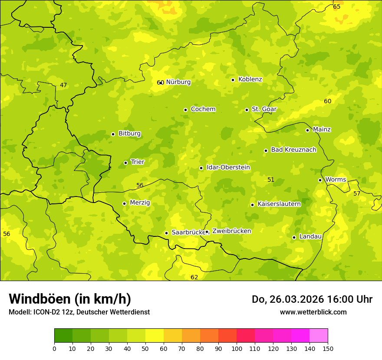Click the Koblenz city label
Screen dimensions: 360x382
point(250,79)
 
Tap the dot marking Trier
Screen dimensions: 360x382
point(125,163)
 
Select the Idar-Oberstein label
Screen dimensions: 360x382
point(228,167)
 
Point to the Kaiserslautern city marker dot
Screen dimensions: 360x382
point(252,205)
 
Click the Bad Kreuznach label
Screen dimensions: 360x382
point(293,150)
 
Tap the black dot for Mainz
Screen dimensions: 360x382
point(307,130)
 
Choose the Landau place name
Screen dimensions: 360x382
point(310,236)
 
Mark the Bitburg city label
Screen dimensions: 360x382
point(129,134)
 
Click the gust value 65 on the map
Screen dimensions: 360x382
point(336,7)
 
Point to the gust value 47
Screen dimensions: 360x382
point(63,85)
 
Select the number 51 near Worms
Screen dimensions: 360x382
point(271,180)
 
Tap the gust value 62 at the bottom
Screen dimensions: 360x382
point(194,277)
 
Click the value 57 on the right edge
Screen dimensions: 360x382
point(357,193)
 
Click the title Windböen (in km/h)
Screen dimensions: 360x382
point(70,299)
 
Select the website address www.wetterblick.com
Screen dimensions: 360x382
point(313,312)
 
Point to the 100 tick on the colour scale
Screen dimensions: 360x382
point(237,348)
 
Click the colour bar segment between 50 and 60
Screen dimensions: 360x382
point(155,336)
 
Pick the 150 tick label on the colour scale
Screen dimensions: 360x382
point(327,348)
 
